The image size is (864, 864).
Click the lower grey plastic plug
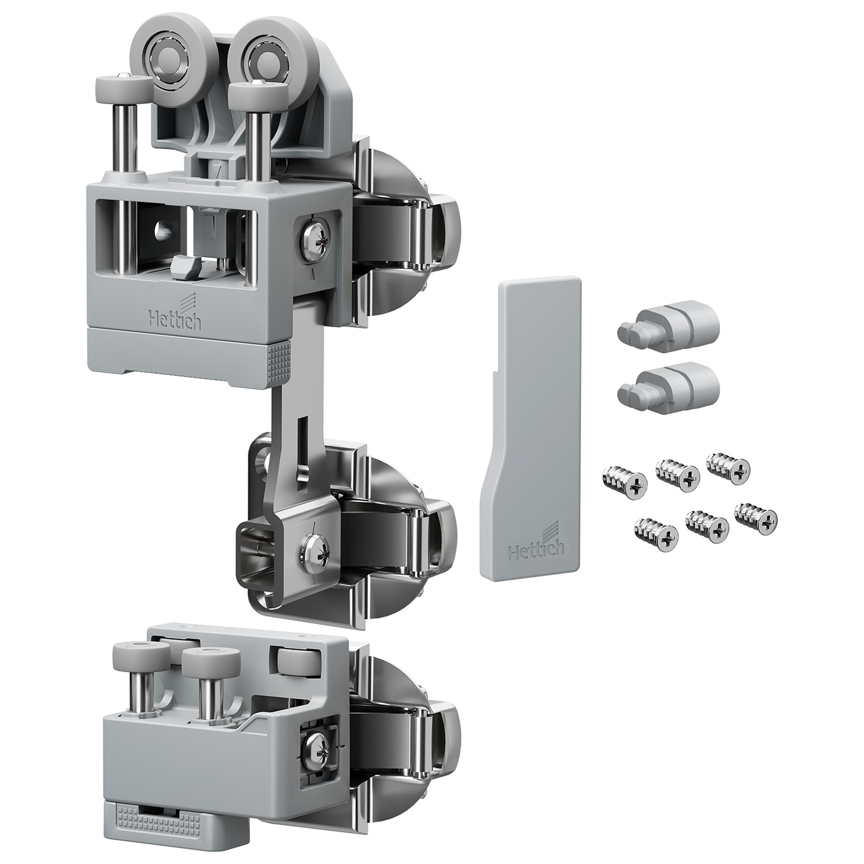click(667, 388)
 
